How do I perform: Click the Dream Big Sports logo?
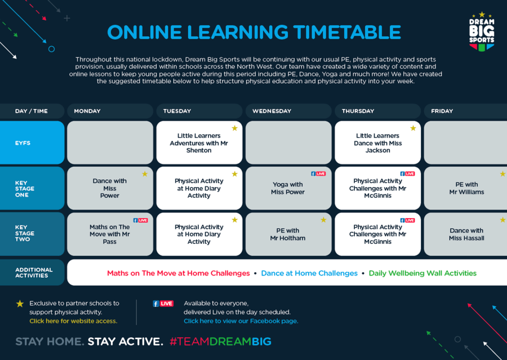click(x=482, y=32)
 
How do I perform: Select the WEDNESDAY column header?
click(x=288, y=111)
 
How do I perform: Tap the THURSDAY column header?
click(x=377, y=111)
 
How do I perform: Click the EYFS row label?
click(x=32, y=143)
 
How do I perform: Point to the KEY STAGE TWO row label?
click(x=32, y=234)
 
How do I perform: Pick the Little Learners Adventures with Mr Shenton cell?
click(x=199, y=143)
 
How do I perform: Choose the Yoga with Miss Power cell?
click(x=288, y=188)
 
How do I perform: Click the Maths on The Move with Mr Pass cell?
click(x=110, y=234)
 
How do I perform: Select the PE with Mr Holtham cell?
click(x=288, y=234)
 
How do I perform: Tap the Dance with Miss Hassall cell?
click(x=466, y=234)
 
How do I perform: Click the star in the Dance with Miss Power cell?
click(x=145, y=174)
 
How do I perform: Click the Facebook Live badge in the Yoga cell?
click(x=318, y=174)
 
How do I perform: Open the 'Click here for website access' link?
click(x=73, y=321)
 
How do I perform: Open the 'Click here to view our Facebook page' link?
click(x=241, y=321)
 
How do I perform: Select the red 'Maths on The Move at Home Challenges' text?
click(x=179, y=273)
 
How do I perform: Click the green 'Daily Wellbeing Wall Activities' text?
click(x=422, y=273)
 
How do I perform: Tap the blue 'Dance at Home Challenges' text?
click(x=309, y=273)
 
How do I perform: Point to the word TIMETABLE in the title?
click(x=347, y=32)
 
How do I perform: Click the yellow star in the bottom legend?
click(x=20, y=304)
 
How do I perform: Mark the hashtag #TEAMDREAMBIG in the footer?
click(x=220, y=341)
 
